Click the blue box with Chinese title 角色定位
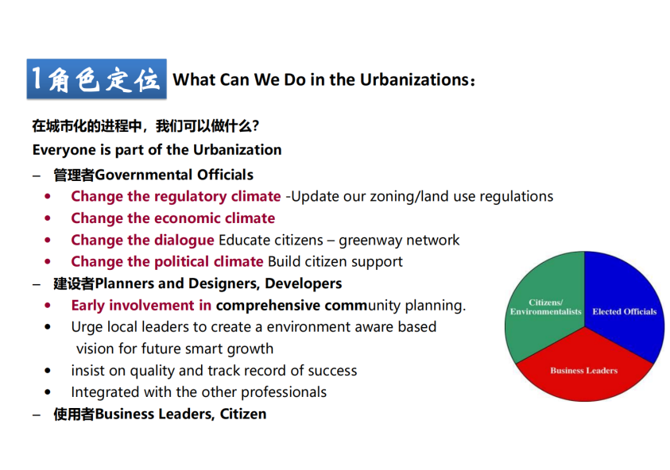point(97,79)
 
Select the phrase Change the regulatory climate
point(176,196)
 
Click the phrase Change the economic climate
point(172,218)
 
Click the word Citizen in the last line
point(242,414)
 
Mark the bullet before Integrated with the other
point(48,392)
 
